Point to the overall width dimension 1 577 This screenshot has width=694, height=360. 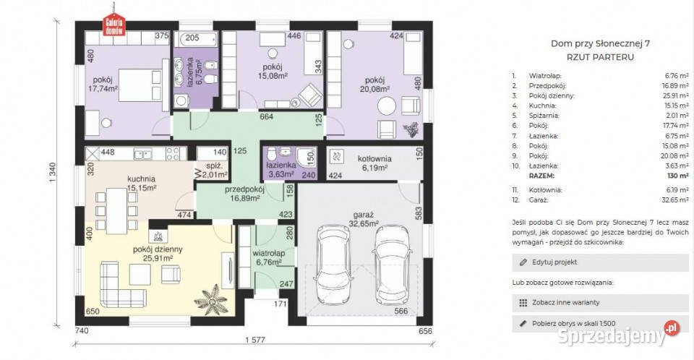[x=254, y=340]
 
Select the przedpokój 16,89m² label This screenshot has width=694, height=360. [x=245, y=194]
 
